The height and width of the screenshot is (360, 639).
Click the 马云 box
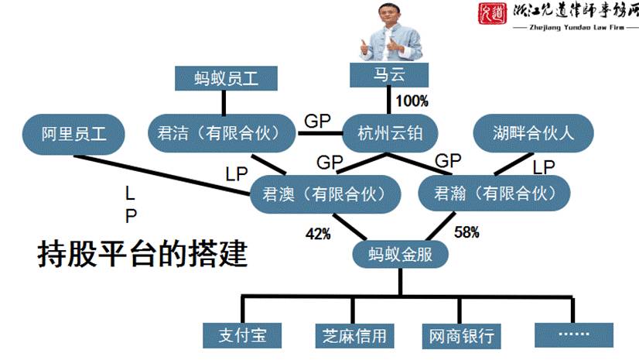coord(389,76)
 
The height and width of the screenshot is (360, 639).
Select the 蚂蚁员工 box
coord(224,79)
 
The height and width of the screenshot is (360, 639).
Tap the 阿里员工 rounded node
coord(73,133)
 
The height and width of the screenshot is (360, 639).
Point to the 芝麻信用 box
coord(354,334)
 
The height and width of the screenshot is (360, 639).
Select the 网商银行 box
coord(461,335)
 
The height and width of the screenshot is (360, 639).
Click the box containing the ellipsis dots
coord(573,334)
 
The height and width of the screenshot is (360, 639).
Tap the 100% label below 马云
coord(412,101)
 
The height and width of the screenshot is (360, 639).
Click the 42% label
coord(317,231)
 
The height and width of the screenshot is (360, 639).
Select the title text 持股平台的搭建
coord(143,253)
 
